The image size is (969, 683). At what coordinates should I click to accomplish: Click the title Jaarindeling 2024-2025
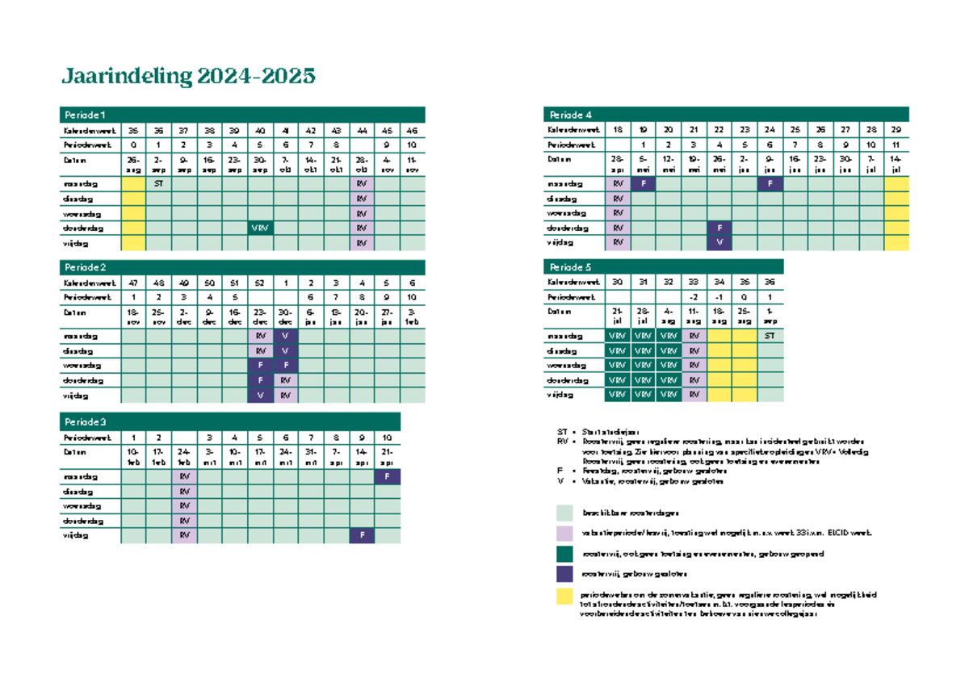188,77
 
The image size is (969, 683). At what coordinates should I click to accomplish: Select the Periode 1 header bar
243,114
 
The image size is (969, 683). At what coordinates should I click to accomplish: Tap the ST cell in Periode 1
158,183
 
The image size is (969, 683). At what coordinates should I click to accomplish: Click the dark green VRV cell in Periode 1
260,228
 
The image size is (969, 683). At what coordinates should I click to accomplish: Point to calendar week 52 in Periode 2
260,283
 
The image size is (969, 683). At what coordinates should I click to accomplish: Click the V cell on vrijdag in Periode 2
260,396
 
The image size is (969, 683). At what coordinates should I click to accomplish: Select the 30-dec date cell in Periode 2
285,316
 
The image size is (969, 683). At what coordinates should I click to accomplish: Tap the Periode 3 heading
231,421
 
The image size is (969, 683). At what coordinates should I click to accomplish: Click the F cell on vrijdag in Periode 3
363,535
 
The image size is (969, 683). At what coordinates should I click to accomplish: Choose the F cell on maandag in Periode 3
388,476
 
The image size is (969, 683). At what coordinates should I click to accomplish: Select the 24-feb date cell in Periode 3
185,455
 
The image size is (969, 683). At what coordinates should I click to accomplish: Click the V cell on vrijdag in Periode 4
719,242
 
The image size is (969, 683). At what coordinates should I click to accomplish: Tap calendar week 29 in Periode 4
896,129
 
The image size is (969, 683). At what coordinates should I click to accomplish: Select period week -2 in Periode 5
694,296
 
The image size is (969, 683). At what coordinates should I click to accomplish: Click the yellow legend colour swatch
564,598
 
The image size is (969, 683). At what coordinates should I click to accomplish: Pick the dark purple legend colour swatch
564,575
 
